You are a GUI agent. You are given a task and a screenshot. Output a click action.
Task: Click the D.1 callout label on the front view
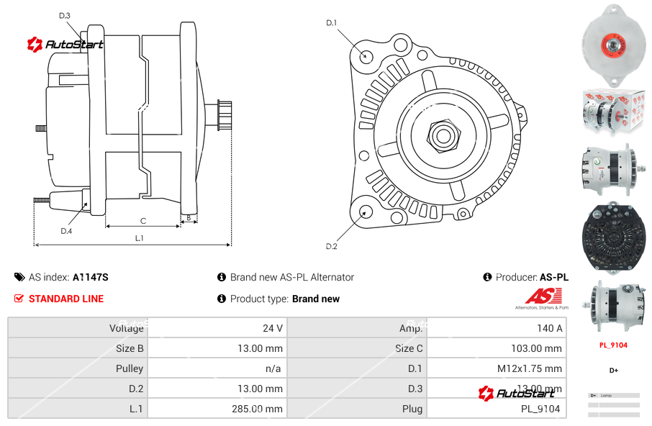click(x=331, y=23)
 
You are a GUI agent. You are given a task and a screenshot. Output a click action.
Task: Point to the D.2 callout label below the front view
click(x=331, y=246)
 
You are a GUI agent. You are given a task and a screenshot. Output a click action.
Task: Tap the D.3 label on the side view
click(x=64, y=16)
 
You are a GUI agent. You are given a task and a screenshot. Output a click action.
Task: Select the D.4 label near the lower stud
click(x=66, y=231)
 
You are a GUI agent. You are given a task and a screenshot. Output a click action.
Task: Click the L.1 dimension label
click(x=139, y=237)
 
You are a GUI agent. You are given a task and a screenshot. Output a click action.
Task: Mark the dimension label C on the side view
click(x=142, y=221)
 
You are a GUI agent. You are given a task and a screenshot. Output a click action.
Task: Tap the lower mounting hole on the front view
click(x=366, y=212)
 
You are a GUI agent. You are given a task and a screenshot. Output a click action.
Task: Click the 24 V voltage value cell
click(x=273, y=328)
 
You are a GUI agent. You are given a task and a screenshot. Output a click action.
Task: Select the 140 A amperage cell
click(x=549, y=328)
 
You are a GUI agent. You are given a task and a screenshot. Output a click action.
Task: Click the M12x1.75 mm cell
click(x=529, y=368)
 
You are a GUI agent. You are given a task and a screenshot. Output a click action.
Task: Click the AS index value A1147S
click(x=90, y=277)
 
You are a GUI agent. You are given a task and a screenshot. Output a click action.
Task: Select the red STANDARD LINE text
click(x=66, y=299)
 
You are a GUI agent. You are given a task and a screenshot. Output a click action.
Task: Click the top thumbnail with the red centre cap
click(x=614, y=42)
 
